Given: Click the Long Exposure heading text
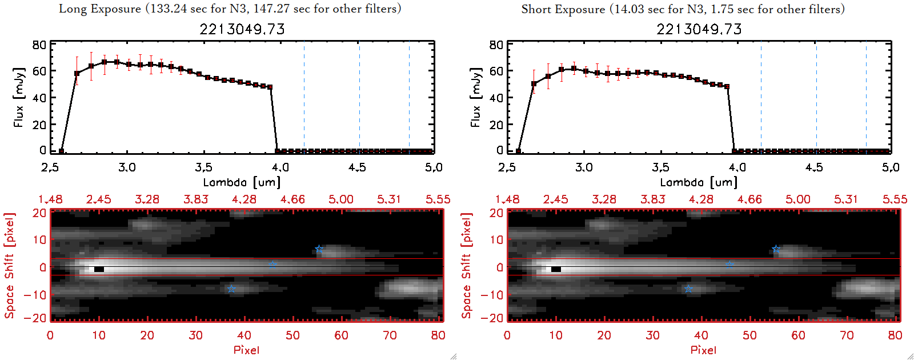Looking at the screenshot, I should point(230,9).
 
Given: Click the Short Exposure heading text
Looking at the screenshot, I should point(683,9).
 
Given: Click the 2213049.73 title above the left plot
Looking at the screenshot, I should point(242,29).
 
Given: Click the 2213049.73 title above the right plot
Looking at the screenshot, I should point(699,29).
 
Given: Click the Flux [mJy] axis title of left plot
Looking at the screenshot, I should point(19,97).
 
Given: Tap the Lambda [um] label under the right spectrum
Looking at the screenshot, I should point(699,182).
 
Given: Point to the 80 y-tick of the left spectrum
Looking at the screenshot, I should point(39,45).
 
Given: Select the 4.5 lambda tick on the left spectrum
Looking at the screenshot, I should point(357,167).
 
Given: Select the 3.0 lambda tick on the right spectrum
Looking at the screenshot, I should point(584,167).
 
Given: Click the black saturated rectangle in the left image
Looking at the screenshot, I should point(99,269).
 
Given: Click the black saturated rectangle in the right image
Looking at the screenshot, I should point(556,269).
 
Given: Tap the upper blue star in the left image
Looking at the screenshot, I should point(319,249).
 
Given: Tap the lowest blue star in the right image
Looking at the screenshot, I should point(688,289).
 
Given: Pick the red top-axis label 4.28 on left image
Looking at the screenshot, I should point(244,199).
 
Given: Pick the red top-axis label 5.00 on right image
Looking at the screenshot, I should point(797,199).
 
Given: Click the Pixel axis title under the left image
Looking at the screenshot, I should point(246,350).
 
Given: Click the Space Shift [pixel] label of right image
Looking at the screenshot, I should point(467,266).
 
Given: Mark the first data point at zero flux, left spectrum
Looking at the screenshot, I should point(61,151).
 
